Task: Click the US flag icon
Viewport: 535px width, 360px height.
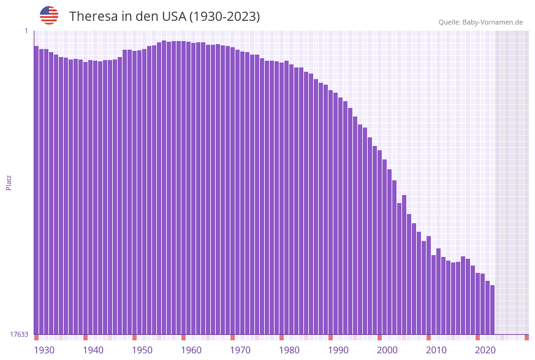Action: coord(49,15)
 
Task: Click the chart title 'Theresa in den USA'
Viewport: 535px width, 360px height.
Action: coord(164,17)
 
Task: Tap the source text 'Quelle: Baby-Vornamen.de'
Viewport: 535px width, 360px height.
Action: coord(480,22)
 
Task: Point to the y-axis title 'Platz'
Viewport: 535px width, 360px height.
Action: coord(9,182)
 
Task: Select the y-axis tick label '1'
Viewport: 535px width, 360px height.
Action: coord(26,31)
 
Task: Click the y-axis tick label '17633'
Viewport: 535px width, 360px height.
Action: coord(19,334)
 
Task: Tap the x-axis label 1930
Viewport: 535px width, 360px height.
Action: coord(44,350)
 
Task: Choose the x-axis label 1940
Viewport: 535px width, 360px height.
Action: coord(93,350)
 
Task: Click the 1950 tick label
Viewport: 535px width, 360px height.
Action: coord(142,350)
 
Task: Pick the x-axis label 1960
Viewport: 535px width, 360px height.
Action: coord(191,350)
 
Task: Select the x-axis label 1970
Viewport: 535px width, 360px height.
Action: coord(240,350)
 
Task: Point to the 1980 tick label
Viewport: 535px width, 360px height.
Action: coord(289,350)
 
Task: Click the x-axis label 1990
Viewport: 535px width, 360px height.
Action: coord(338,350)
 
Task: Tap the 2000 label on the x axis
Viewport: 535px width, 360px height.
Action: coord(387,350)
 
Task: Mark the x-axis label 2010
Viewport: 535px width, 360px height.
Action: coord(436,350)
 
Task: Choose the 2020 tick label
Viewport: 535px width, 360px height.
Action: coord(485,350)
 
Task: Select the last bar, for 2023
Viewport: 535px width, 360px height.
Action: coord(492,310)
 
